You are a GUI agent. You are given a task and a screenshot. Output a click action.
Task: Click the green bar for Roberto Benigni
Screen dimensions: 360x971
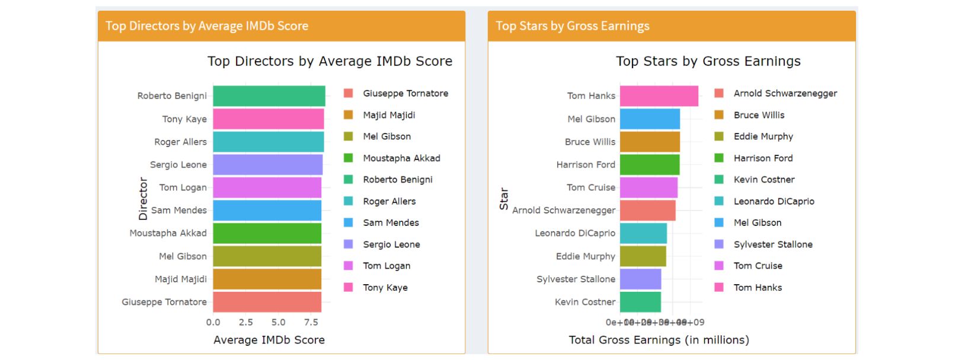point(269,96)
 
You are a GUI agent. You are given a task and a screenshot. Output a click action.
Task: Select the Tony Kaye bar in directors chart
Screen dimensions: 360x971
point(268,119)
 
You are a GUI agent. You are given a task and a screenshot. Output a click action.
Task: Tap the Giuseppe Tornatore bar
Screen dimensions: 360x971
point(267,302)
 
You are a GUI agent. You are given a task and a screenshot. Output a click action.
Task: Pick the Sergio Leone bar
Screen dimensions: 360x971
point(267,165)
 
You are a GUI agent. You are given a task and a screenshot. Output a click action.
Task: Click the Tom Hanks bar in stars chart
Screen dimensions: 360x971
point(659,96)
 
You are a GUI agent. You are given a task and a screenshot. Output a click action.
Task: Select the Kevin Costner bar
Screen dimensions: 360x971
point(640,302)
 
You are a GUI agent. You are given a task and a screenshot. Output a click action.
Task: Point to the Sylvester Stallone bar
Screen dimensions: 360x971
point(640,279)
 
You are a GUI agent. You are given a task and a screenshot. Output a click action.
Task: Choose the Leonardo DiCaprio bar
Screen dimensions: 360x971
point(643,233)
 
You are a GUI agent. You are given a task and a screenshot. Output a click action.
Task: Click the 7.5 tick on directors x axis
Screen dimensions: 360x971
point(311,322)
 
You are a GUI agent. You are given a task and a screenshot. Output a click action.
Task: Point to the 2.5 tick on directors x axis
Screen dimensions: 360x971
point(245,322)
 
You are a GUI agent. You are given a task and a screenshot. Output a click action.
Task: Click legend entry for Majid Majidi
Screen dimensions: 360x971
point(389,115)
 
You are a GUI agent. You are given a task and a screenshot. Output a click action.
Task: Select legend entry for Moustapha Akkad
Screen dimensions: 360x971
point(401,158)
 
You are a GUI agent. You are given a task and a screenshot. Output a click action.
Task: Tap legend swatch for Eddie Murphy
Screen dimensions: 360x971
point(719,136)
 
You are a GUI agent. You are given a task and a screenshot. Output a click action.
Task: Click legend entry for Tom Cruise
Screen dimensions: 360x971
point(758,266)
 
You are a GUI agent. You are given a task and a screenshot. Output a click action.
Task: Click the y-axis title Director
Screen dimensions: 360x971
point(143,199)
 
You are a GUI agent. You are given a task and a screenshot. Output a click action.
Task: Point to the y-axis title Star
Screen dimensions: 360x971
point(504,199)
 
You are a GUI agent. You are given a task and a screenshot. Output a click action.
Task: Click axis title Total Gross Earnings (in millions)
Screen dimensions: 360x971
point(659,340)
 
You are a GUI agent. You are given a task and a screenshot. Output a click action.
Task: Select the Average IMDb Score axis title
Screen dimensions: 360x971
point(269,340)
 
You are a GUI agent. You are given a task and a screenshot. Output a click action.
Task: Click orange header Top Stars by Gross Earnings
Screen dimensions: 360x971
point(572,26)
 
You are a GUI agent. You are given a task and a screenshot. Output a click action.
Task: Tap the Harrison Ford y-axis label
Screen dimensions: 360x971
point(585,165)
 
